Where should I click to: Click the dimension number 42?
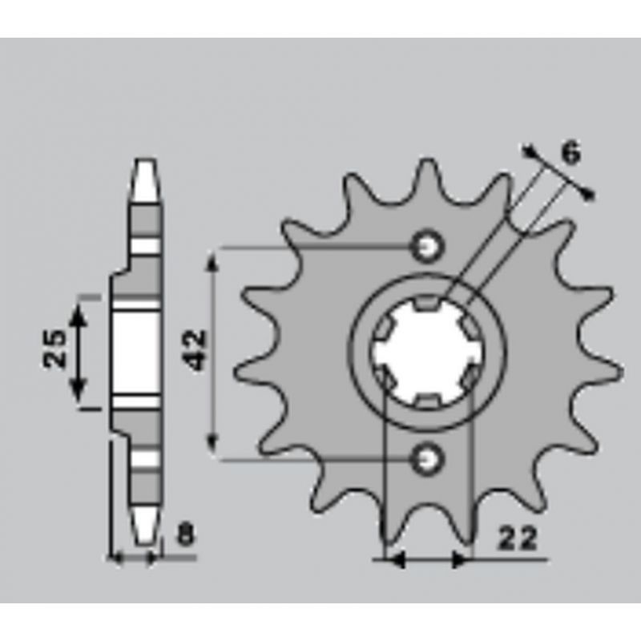(195, 350)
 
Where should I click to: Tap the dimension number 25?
(54, 349)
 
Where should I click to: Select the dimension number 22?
(516, 538)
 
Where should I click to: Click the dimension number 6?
(571, 153)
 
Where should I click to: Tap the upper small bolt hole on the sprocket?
(428, 247)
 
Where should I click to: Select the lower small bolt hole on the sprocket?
(428, 459)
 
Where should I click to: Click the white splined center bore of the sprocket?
(427, 353)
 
